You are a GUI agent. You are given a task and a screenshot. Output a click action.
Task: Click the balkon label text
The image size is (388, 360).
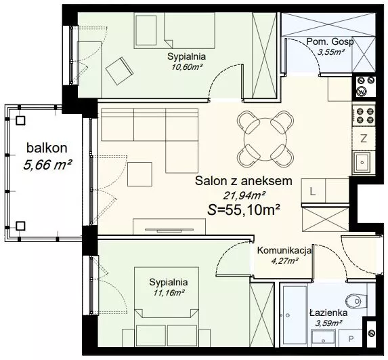pyautogui.click(x=47, y=148)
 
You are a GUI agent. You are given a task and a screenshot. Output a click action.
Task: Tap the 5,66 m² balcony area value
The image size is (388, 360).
pyautogui.click(x=48, y=165)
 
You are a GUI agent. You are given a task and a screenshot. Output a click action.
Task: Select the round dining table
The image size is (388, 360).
pyautogui.click(x=265, y=139)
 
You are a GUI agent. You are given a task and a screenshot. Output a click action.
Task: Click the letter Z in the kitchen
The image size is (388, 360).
pyautogui.click(x=364, y=139)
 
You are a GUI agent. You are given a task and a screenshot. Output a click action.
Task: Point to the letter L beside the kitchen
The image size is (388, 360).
pyautogui.click(x=313, y=191)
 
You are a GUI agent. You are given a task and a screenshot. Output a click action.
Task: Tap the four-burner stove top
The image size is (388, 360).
pyautogui.click(x=364, y=115)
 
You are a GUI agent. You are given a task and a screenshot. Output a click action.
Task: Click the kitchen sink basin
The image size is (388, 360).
pyautogui.click(x=362, y=162)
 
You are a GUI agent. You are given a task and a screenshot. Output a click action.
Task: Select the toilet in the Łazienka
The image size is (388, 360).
pyautogui.click(x=355, y=301)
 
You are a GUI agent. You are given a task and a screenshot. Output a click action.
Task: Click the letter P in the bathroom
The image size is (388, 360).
pyautogui.click(x=351, y=339)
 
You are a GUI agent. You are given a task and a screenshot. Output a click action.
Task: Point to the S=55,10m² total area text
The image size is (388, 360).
pyautogui.click(x=244, y=210)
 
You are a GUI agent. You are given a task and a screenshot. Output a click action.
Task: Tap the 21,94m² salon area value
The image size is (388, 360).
pyautogui.click(x=244, y=196)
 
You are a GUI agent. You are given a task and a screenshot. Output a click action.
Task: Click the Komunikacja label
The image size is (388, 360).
pyautogui.click(x=284, y=251)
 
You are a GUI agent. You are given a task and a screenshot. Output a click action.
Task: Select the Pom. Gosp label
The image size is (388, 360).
pyautogui.click(x=330, y=42)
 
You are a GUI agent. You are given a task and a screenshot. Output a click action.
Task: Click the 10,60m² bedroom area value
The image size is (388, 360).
pyautogui.click(x=188, y=67)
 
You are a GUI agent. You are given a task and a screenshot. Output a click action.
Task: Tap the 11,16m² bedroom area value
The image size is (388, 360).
pyautogui.click(x=169, y=293)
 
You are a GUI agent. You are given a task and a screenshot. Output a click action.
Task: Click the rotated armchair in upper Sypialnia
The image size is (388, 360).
pyautogui.click(x=120, y=71)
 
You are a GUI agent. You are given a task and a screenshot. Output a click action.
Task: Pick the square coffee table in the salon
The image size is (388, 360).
pyautogui.click(x=139, y=174)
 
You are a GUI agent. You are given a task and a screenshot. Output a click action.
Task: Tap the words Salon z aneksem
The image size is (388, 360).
pyautogui.click(x=244, y=181)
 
